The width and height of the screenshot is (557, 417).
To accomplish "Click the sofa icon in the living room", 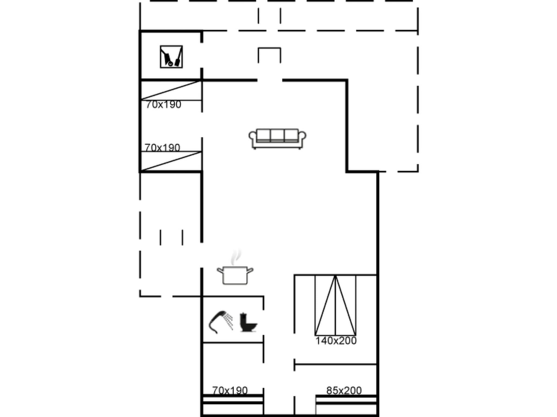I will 277,139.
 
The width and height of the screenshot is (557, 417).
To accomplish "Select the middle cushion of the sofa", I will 277,135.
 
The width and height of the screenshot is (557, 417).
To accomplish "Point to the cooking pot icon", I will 235,275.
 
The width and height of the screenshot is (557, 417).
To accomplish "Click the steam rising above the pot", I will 236,257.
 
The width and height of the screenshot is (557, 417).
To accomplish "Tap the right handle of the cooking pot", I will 250,270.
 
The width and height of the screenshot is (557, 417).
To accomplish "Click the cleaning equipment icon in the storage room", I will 171,57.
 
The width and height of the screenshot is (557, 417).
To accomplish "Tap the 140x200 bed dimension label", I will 336,341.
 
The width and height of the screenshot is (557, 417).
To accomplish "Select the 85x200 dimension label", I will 344,391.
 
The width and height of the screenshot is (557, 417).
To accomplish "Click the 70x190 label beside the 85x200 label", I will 230,391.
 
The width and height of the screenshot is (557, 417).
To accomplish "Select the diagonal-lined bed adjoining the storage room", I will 171,90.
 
